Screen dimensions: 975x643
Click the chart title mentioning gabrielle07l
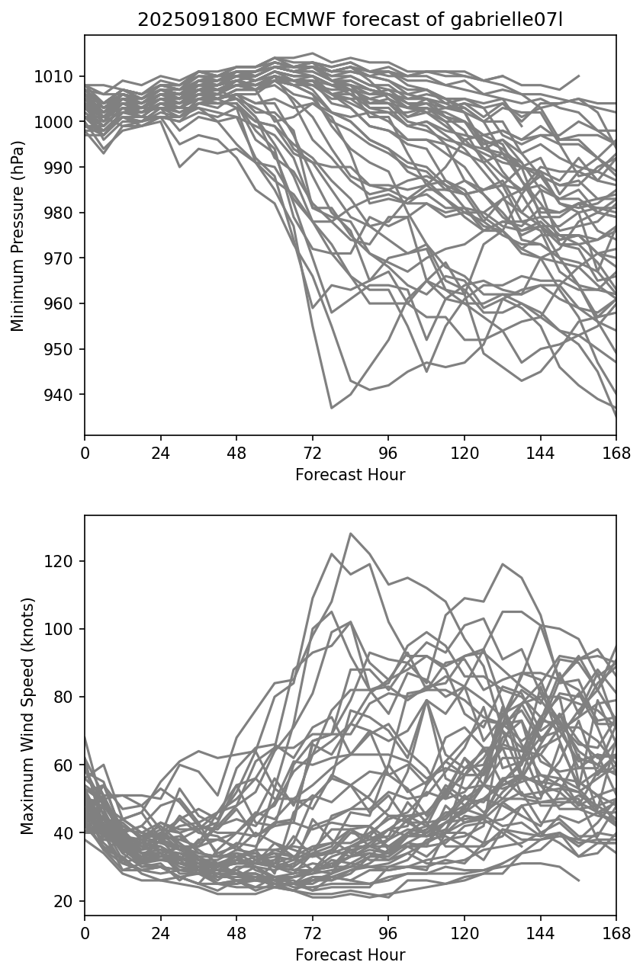click(x=349, y=21)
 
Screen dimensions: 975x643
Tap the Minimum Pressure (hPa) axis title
click(x=18, y=235)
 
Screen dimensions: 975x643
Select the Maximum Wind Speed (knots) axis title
click(x=27, y=715)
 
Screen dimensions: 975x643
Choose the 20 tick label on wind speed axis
click(x=67, y=901)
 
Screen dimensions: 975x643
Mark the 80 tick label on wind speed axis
click(x=67, y=697)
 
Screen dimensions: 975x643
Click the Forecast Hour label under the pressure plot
click(x=350, y=475)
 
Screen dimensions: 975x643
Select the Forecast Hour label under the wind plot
click(x=350, y=954)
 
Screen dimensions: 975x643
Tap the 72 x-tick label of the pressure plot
click(x=313, y=453)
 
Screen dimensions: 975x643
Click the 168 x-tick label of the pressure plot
click(x=616, y=453)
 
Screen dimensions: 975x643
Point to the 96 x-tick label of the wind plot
click(x=388, y=932)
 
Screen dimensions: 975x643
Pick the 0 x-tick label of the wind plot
click(x=85, y=932)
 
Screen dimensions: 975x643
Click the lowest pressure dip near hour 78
click(x=332, y=408)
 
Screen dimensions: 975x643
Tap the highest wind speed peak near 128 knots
click(x=350, y=534)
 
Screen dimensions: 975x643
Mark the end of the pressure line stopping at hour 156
click(x=579, y=76)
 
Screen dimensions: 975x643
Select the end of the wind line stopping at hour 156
click(x=579, y=880)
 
